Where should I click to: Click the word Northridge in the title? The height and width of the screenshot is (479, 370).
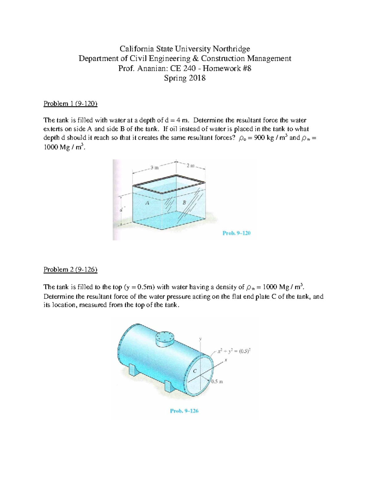[232, 49]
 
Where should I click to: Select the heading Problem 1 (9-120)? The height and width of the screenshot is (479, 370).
[70, 104]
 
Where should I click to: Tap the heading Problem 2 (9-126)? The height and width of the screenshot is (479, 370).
[70, 270]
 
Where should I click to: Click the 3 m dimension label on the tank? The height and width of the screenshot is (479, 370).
[154, 168]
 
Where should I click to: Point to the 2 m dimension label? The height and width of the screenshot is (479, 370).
[191, 166]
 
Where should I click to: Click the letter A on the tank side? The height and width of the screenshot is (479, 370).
[147, 203]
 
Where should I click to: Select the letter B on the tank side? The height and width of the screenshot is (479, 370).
[184, 203]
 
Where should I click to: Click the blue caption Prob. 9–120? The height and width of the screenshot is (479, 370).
[236, 233]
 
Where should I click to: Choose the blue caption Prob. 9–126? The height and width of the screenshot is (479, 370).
[184, 411]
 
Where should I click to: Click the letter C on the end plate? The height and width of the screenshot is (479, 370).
[195, 371]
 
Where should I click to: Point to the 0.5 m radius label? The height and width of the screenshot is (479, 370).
[217, 382]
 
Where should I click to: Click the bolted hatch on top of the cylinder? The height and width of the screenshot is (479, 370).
[165, 338]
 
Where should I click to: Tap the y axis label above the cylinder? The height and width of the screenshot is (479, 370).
[200, 339]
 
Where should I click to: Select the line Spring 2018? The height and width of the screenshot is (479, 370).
[185, 78]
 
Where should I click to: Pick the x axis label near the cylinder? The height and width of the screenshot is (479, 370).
[226, 360]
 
